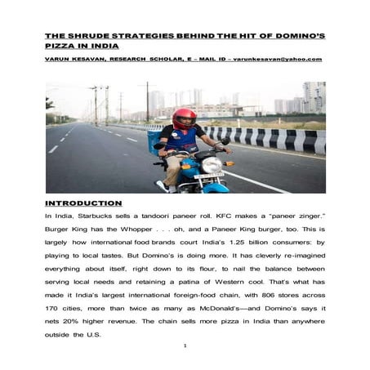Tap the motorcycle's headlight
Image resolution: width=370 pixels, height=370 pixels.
pos(212,165)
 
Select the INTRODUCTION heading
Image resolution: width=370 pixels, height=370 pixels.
pos(84,203)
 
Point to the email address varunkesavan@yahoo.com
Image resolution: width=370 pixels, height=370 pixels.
pos(277,59)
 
